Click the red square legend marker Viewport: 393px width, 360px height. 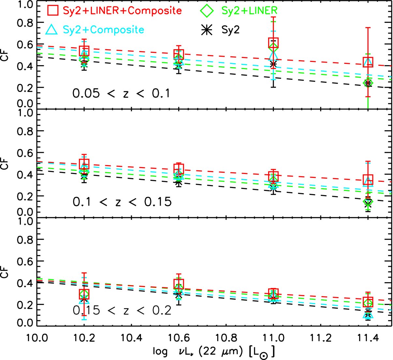click(53, 10)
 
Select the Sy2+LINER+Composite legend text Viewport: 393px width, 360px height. click(122, 10)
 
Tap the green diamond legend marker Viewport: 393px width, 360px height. click(207, 10)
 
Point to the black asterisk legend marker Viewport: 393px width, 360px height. click(207, 30)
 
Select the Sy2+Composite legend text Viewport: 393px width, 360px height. click(104, 30)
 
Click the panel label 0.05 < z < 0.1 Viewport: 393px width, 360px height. click(121, 94)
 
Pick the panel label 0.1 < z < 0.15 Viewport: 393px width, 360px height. click(122, 202)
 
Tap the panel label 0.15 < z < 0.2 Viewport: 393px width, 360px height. click(122, 310)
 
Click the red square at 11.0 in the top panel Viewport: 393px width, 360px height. click(273, 43)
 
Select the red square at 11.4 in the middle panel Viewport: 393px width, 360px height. click(368, 180)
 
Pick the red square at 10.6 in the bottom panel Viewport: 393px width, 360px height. click(178, 284)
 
